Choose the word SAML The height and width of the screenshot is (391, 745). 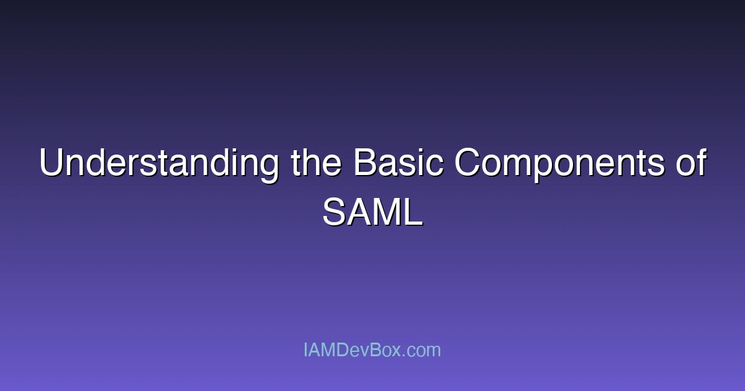pyautogui.click(x=372, y=212)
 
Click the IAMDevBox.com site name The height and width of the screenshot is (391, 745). pyautogui.click(x=372, y=350)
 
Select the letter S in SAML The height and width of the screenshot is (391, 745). pyautogui.click(x=333, y=212)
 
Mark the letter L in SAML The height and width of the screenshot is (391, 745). pyautogui.click(x=414, y=212)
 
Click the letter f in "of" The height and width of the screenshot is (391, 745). pyautogui.click(x=700, y=163)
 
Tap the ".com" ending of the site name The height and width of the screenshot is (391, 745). pyautogui.click(x=422, y=351)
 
